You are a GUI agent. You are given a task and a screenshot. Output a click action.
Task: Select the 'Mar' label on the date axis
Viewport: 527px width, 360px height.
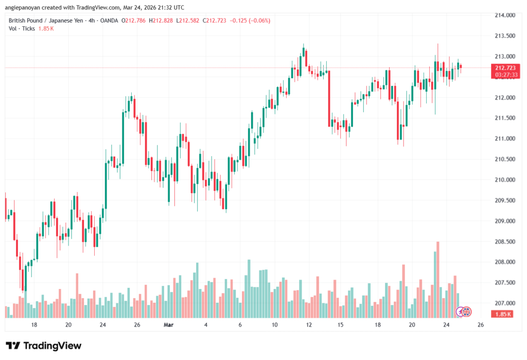(169, 325)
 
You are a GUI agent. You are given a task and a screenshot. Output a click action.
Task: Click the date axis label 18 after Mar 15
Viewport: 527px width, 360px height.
(378, 325)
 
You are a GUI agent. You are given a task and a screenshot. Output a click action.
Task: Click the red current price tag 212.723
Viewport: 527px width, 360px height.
(505, 68)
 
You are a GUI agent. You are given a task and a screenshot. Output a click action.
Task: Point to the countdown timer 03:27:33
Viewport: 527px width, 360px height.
(505, 75)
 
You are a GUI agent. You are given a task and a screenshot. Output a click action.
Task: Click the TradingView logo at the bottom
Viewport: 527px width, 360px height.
(43, 346)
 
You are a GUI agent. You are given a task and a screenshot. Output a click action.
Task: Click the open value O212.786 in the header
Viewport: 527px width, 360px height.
(134, 21)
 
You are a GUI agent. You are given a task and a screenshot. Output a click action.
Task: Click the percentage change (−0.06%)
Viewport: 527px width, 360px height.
(257, 21)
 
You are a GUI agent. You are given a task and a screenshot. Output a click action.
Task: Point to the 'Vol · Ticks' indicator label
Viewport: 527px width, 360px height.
(22, 28)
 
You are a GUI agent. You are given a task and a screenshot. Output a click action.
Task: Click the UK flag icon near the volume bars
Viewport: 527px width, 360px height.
(467, 312)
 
